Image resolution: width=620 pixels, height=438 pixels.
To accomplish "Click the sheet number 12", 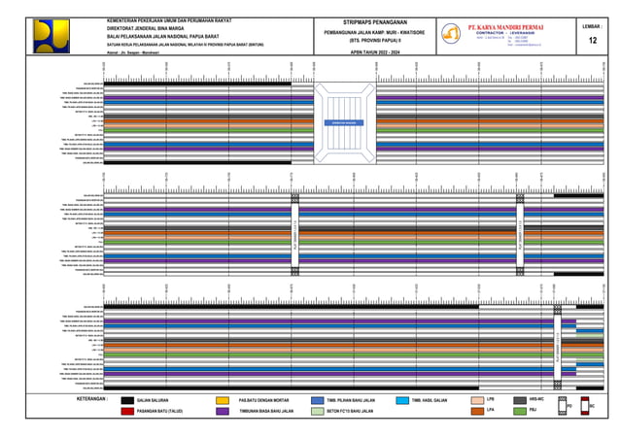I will pos(593,40).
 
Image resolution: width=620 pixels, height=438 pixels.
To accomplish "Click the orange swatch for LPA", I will pos(476,412).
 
